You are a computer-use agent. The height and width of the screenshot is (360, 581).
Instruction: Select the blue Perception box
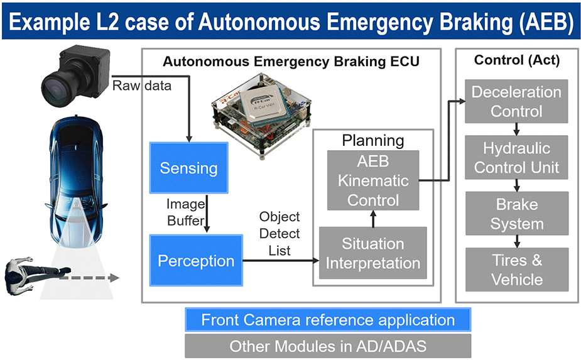pos(196,260)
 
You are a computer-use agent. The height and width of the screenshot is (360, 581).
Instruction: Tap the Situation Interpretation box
pos(373,253)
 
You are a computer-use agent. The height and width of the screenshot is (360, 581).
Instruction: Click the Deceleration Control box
pos(516,102)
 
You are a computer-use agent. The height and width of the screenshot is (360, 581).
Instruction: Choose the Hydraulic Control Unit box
pos(516,158)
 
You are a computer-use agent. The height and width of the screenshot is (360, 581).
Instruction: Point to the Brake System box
pos(516,214)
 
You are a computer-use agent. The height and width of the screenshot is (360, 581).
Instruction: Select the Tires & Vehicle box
pos(516,270)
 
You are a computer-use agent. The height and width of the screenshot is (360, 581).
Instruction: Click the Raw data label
pos(141,86)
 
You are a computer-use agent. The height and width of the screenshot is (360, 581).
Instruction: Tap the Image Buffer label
pos(186,212)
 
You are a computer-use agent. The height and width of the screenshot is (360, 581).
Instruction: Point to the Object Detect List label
pos(280,234)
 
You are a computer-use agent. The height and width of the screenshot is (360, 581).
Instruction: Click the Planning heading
pos(372,139)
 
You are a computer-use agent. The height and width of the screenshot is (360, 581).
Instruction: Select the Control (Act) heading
pos(516,60)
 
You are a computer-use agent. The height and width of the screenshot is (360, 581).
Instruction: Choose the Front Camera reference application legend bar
pos(327,320)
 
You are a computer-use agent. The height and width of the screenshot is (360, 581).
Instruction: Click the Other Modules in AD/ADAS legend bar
pos(327,346)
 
